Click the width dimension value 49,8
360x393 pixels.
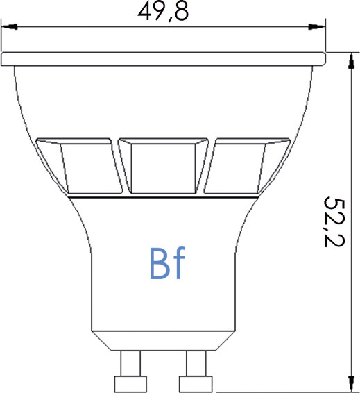point(163,12)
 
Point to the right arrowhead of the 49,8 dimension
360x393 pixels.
point(316,28)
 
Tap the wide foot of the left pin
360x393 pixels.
point(129,383)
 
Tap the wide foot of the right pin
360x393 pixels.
point(196,383)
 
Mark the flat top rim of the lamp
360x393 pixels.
point(163,58)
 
